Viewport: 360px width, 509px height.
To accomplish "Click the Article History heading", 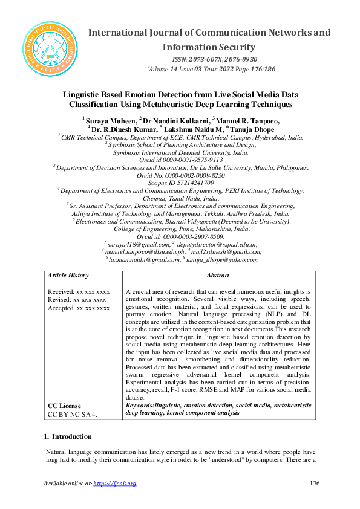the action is (68, 275).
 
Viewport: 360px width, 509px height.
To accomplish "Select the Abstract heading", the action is (218, 275).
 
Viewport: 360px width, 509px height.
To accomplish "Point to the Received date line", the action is (79, 291).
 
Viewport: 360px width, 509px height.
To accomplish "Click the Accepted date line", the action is (79, 308).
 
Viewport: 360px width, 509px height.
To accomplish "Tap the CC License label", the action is (65, 406).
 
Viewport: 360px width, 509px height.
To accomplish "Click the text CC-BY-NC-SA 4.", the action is (73, 415).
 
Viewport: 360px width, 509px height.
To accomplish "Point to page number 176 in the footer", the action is (313, 483).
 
